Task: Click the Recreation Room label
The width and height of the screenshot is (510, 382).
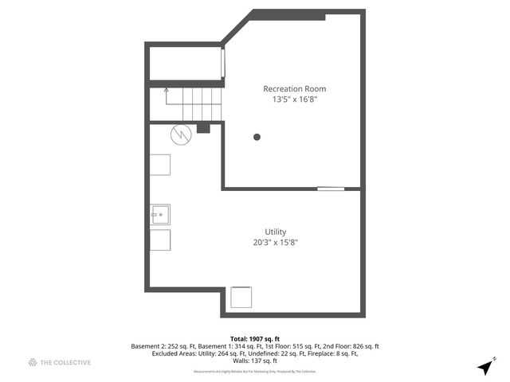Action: pos(294,88)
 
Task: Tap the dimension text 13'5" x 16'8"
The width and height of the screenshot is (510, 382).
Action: pos(294,100)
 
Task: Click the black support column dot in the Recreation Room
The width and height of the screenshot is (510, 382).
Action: pos(257,137)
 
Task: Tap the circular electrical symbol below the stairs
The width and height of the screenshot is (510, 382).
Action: pos(182,134)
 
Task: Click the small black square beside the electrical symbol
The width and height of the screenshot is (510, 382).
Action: pos(203,128)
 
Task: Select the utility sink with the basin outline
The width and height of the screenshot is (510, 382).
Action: pos(160,214)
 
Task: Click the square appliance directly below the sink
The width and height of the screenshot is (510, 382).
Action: pos(160,240)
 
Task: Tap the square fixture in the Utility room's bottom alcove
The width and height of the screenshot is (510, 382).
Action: pos(241,297)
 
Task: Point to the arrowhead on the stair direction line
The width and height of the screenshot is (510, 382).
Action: pos(166,91)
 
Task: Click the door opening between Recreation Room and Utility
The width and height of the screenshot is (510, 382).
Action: pos(331,189)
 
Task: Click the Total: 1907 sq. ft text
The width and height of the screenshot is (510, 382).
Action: pos(254,337)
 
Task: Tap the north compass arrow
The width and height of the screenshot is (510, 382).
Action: pos(484,367)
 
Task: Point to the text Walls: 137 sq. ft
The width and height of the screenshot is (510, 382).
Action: pos(254,361)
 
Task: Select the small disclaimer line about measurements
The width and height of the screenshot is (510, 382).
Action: pos(254,371)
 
